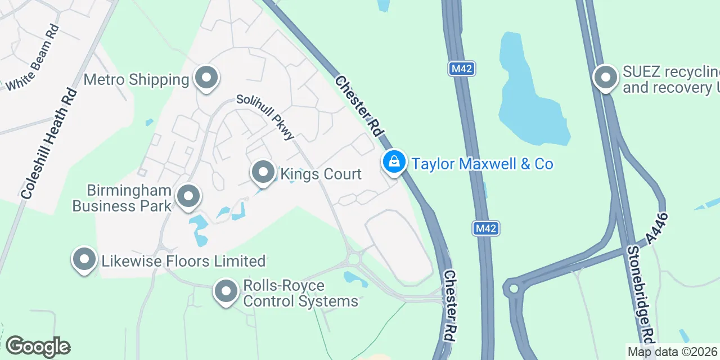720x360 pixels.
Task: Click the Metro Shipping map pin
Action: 206,78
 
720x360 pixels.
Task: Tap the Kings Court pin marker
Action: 263,173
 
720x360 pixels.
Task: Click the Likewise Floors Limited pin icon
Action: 84,260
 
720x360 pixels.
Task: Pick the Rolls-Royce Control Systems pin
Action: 226,292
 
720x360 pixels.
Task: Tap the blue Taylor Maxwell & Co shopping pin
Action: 395,163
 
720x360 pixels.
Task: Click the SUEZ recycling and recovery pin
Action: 606,78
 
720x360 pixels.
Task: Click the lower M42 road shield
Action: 485,228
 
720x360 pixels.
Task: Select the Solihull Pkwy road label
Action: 265,116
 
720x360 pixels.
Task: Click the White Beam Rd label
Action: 32,58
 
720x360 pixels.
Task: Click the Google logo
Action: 38,346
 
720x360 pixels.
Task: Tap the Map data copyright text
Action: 673,352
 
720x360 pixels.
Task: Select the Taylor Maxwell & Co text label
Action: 482,164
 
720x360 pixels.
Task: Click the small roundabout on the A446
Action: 513,289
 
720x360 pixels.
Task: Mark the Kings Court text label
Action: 321,174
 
